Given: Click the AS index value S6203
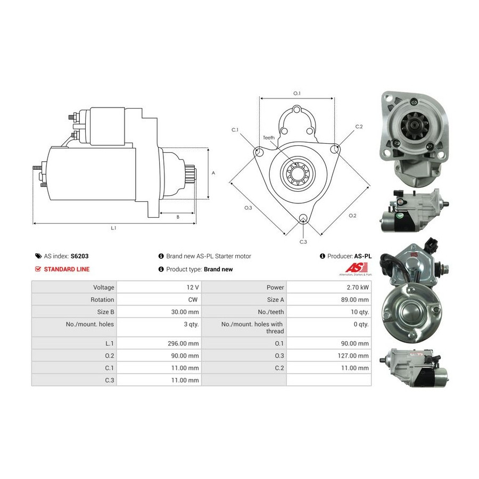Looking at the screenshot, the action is tap(79, 256).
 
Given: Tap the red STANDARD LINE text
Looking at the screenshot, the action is tap(67, 269).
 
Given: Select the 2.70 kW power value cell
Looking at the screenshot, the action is tap(329, 287).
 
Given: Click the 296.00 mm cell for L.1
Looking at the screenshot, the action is tap(159, 343).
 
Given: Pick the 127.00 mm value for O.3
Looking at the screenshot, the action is tap(329, 356).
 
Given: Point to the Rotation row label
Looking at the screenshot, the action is tap(102, 300).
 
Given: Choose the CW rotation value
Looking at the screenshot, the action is tap(159, 299).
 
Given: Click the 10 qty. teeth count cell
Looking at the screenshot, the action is tap(329, 312).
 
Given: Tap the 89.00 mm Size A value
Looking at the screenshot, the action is tap(329, 299).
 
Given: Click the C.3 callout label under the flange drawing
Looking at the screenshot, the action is tap(303, 242).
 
